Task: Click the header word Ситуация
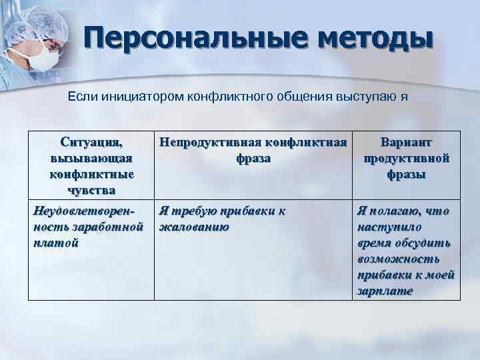(91, 143)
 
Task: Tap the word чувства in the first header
(91, 190)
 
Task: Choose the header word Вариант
(406, 143)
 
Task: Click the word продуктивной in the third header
(406, 159)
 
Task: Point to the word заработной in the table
(113, 227)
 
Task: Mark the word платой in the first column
(55, 243)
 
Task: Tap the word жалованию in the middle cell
(193, 227)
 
